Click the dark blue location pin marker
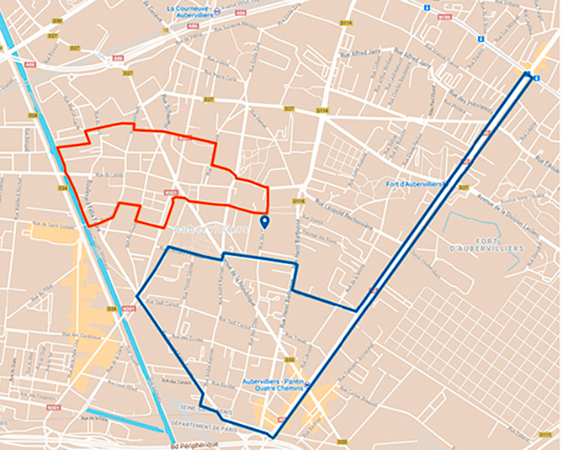click(x=264, y=221)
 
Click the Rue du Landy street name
click(x=108, y=174)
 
